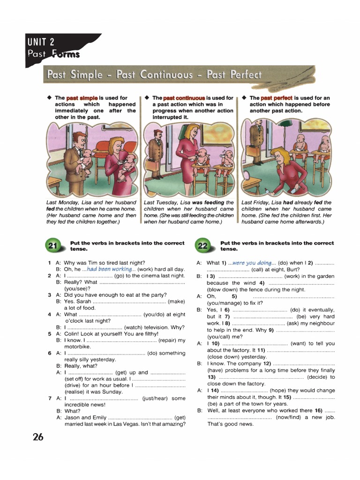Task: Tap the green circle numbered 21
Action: tap(53, 246)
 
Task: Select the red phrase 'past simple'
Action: tap(82, 98)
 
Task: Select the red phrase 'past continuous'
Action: tap(184, 98)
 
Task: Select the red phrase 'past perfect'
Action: tap(277, 98)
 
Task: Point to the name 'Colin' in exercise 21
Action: tap(72, 334)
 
